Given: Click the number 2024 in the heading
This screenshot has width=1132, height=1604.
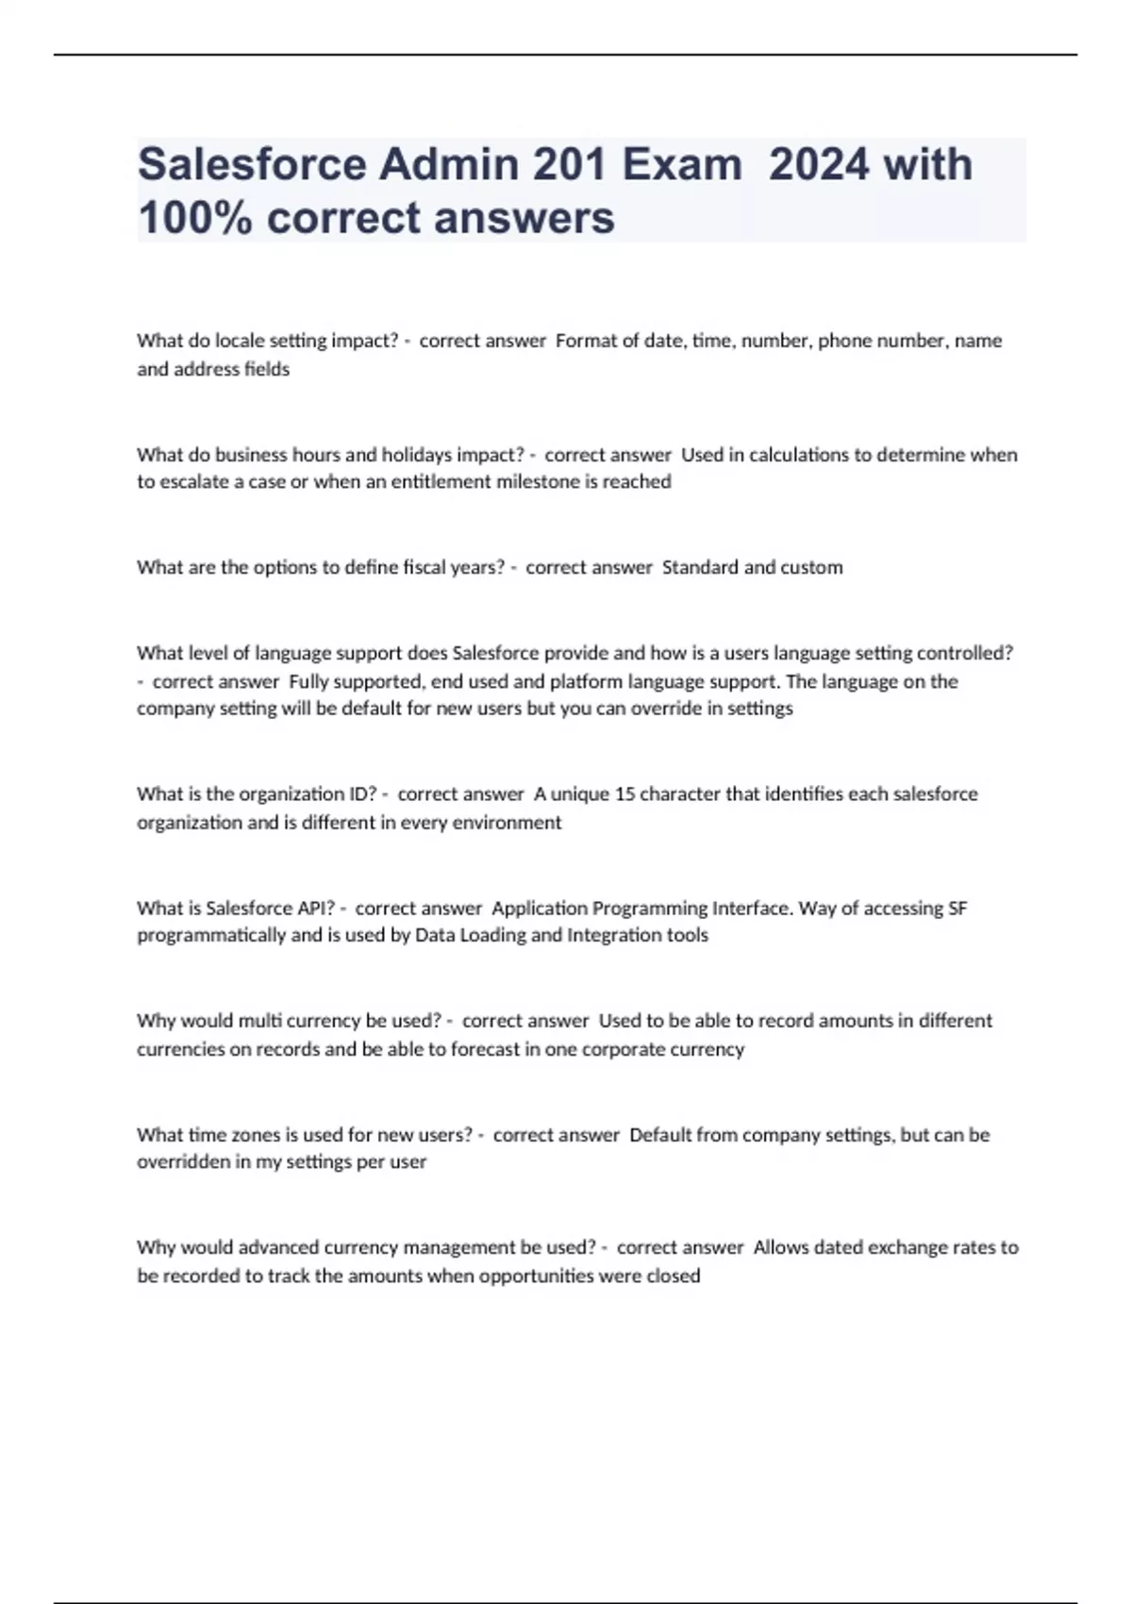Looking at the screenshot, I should tap(819, 164).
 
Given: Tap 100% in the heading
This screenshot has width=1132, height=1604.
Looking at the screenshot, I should tap(194, 218).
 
